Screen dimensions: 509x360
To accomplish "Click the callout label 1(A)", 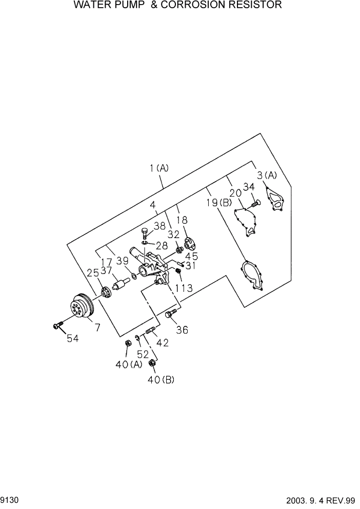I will tap(159, 168).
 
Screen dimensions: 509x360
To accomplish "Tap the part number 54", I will tap(72, 338).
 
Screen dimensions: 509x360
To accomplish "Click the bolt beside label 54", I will tap(57, 324).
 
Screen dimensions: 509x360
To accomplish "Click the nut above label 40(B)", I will tap(152, 364).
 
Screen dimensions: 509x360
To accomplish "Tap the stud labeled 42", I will tap(150, 332).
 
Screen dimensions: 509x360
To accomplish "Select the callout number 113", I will tap(184, 288).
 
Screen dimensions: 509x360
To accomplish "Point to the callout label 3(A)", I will tap(267, 175).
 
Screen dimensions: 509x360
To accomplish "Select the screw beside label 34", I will tap(255, 204).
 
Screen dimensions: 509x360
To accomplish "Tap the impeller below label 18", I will tap(190, 243).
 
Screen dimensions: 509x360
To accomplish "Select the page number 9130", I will tap(9, 499).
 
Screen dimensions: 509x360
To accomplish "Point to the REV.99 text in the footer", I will tap(343, 499).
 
